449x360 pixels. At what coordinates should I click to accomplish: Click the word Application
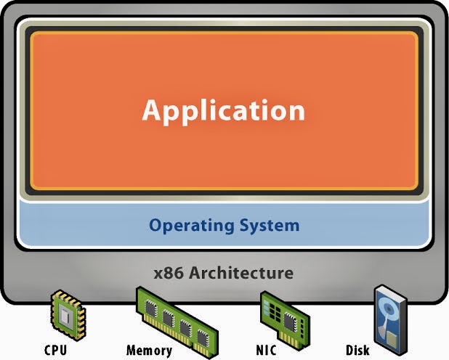(x=223, y=111)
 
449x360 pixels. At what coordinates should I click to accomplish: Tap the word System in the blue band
(x=270, y=226)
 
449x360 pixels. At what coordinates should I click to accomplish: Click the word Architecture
(x=241, y=273)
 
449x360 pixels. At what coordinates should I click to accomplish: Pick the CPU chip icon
(x=68, y=315)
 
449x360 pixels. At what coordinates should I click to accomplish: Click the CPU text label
(x=55, y=350)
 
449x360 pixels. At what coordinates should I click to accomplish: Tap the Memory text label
(x=149, y=351)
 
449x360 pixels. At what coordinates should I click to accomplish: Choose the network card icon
(x=285, y=319)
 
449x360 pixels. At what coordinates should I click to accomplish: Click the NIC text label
(x=267, y=350)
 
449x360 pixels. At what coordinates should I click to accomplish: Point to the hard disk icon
(x=391, y=320)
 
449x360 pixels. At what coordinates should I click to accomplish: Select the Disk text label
(x=357, y=350)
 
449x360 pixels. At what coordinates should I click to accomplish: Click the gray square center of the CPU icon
(x=65, y=315)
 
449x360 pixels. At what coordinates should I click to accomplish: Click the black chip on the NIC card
(x=290, y=322)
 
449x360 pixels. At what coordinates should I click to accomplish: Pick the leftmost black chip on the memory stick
(x=151, y=308)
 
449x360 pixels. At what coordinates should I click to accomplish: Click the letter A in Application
(x=152, y=110)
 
